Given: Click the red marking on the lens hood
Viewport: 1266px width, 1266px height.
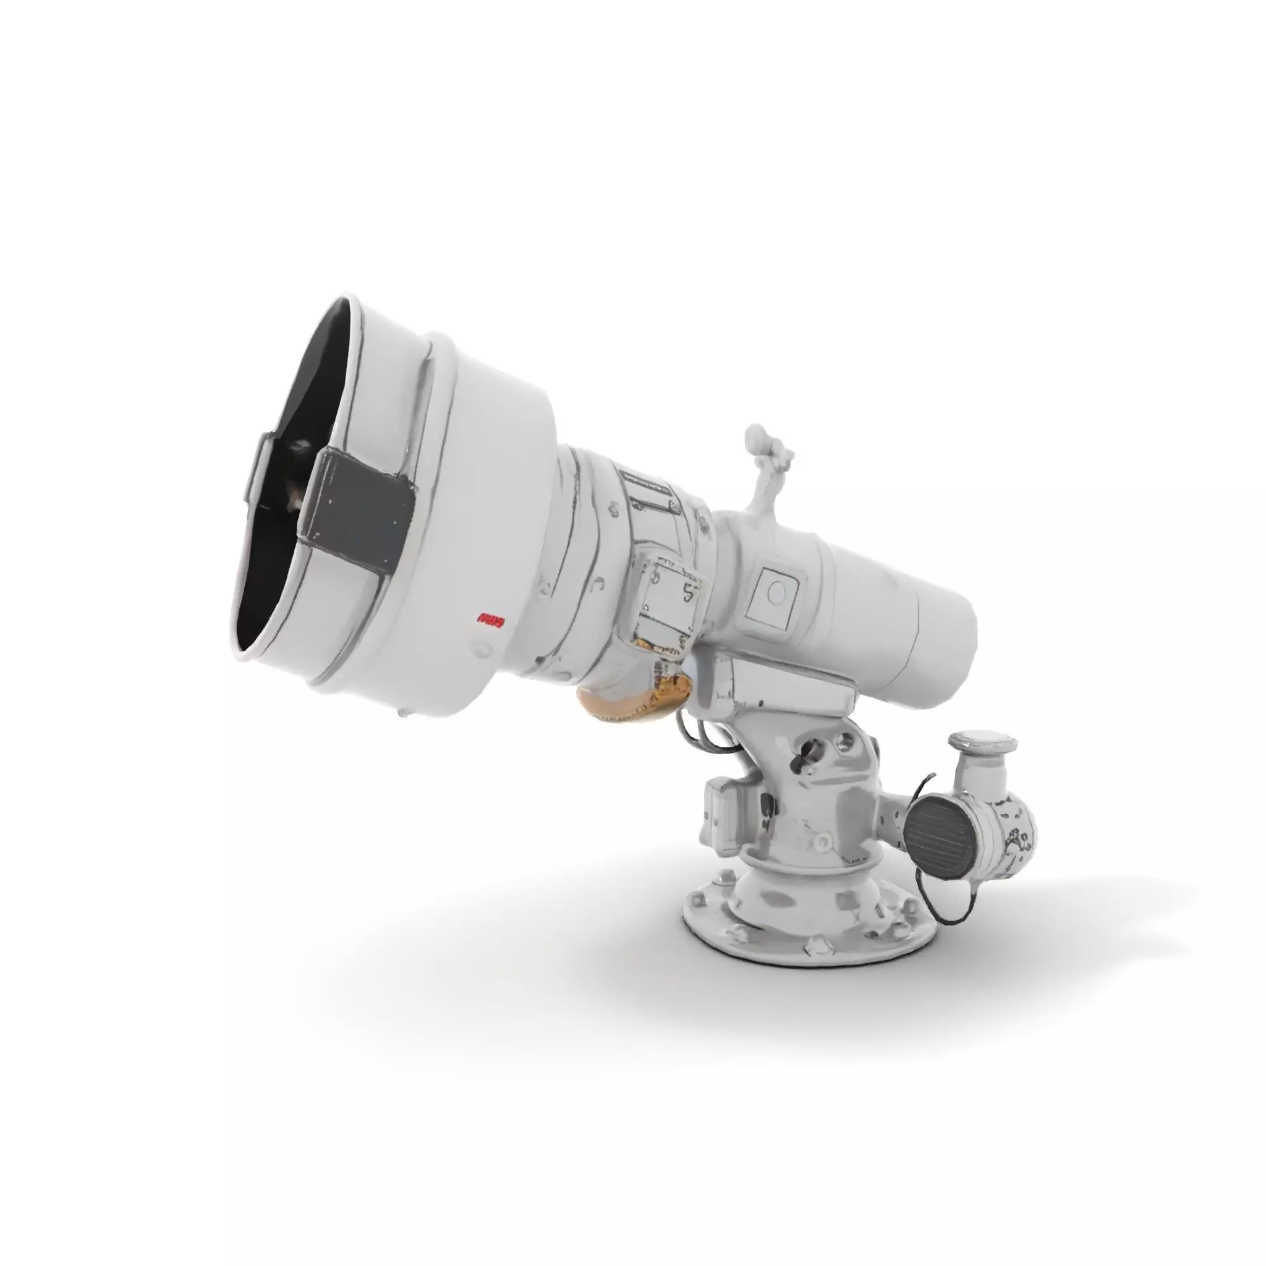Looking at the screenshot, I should [x=490, y=619].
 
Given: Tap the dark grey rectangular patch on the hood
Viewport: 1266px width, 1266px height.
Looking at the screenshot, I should [x=357, y=508].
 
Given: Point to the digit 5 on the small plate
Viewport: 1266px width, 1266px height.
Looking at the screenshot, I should [x=687, y=593].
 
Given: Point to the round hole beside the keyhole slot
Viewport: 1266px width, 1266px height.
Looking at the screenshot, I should [x=845, y=742].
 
